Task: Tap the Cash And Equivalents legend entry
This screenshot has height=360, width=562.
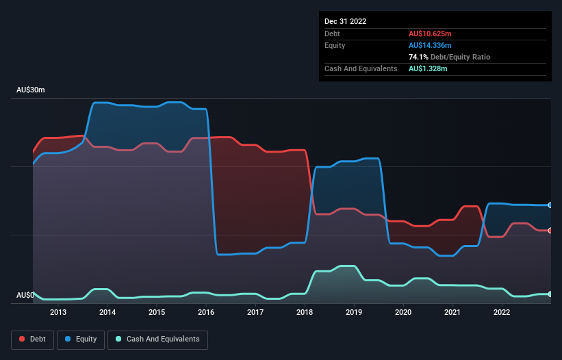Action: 157,339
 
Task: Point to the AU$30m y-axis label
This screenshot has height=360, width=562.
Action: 30,90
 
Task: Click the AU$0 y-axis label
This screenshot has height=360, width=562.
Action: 25,296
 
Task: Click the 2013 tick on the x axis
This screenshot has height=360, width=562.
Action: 58,313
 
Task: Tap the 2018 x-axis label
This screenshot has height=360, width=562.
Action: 305,313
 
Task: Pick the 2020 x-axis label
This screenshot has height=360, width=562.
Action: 403,313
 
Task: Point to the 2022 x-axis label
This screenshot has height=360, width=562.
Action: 502,313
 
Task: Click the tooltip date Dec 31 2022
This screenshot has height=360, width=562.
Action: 345,21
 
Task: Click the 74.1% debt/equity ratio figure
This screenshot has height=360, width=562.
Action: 418,57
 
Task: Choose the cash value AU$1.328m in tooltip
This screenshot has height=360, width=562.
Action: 429,68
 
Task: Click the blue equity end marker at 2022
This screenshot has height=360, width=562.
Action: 550,205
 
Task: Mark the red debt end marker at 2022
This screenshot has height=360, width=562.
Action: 550,231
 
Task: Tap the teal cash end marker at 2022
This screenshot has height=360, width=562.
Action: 550,294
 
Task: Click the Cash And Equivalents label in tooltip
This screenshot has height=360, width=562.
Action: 361,68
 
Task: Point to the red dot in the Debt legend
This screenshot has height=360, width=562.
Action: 23,339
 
